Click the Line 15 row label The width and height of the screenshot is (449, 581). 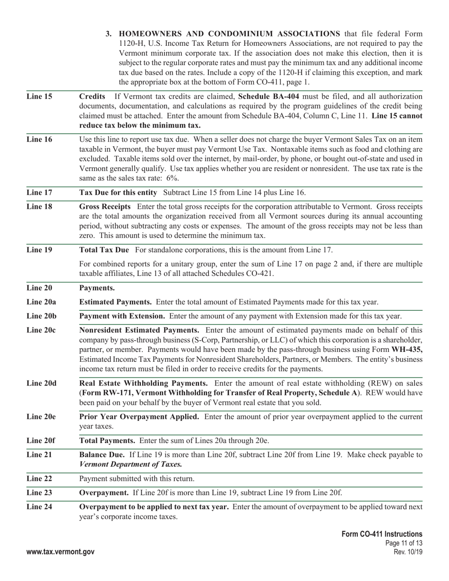click(39, 96)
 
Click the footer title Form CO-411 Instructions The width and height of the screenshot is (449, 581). click(382, 534)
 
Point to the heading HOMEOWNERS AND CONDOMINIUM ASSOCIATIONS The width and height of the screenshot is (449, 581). click(229, 34)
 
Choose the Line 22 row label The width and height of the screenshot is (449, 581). click(39, 478)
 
